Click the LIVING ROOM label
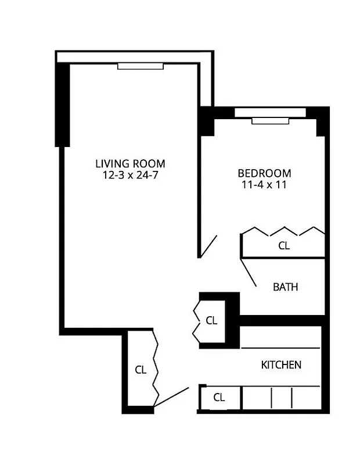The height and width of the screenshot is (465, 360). pyautogui.click(x=131, y=163)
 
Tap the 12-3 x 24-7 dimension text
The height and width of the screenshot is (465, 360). pyautogui.click(x=131, y=174)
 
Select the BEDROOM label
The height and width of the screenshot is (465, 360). pyautogui.click(x=264, y=173)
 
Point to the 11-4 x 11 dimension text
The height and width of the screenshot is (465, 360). pyautogui.click(x=264, y=185)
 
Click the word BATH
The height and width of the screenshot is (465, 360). pyautogui.click(x=286, y=287)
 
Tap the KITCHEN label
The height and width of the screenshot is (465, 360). pyautogui.click(x=281, y=365)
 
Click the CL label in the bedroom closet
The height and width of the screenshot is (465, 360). pyautogui.click(x=283, y=246)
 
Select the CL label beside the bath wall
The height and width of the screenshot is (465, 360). pyautogui.click(x=211, y=320)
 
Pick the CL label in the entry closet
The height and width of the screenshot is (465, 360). pyautogui.click(x=140, y=369)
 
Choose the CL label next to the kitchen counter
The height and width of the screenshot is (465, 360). pyautogui.click(x=219, y=398)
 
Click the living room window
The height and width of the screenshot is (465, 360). pyautogui.click(x=141, y=66)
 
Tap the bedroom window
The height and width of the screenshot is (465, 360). pyautogui.click(x=269, y=120)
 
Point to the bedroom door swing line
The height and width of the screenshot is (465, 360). pyautogui.click(x=208, y=246)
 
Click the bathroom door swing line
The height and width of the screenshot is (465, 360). pyautogui.click(x=249, y=271)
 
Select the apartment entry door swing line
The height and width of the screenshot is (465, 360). pyautogui.click(x=172, y=396)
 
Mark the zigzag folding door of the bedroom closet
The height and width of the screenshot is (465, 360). pyautogui.click(x=283, y=231)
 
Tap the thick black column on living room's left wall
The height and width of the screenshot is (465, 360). pyautogui.click(x=62, y=105)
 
